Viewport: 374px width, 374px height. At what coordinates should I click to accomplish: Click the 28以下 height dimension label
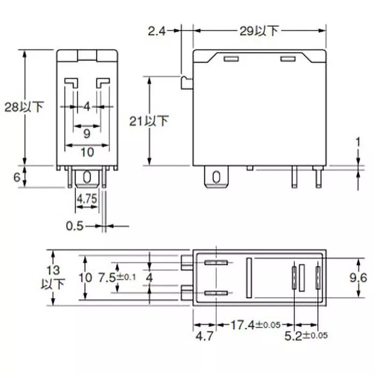[23, 107]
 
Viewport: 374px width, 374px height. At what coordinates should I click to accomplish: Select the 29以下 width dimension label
[259, 31]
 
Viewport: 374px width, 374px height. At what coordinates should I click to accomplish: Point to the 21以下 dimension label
[149, 121]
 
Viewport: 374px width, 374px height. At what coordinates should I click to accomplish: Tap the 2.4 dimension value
[158, 31]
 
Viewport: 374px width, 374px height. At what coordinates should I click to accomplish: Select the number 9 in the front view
[87, 134]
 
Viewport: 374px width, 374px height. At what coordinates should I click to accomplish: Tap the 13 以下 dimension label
[53, 277]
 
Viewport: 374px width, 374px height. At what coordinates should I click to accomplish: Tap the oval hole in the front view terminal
[87, 177]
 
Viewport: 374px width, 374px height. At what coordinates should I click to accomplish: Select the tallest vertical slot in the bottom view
[249, 278]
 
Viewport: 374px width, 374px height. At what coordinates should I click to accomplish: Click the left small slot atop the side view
[231, 59]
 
